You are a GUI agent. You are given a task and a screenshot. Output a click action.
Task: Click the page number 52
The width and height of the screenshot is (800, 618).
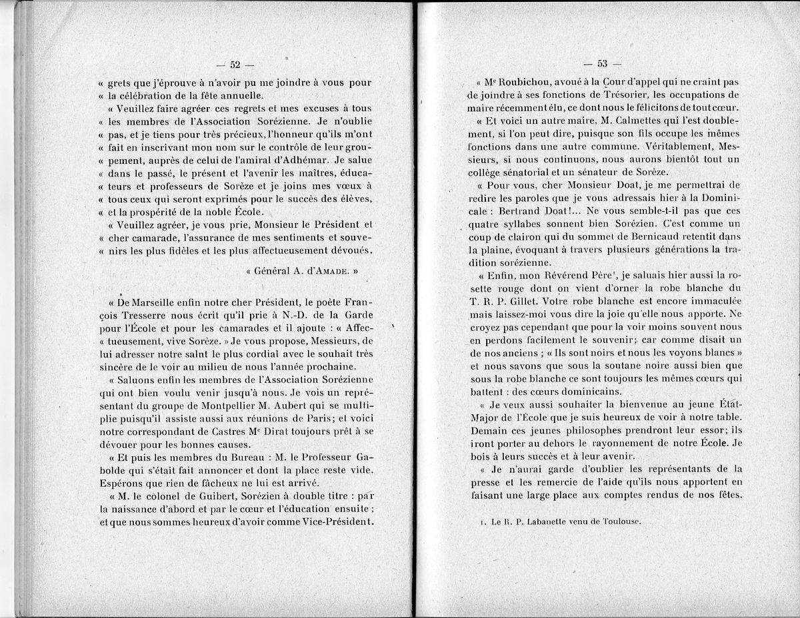click(235, 65)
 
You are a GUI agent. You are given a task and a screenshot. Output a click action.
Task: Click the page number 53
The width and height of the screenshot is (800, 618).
click(602, 64)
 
